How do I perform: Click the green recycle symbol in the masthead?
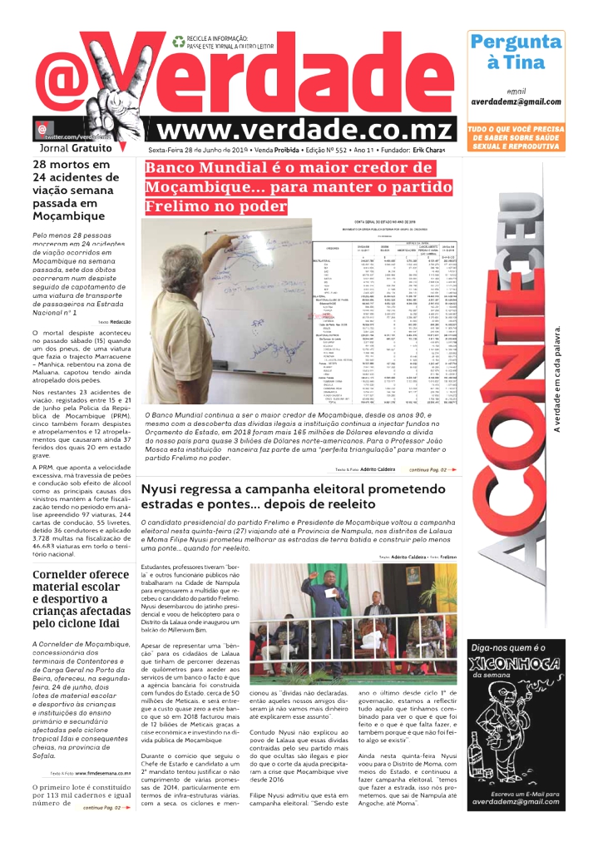[x=177, y=40]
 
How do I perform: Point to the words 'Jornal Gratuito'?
[x=76, y=148]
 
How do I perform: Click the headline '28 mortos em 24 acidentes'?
[x=71, y=190]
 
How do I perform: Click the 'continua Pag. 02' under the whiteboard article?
[x=432, y=470]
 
